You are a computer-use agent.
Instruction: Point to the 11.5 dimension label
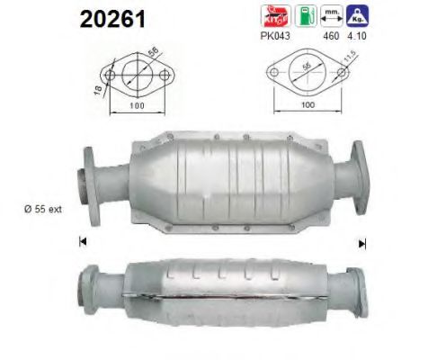tap(345, 63)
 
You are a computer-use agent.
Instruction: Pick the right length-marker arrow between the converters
tap(362, 241)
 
